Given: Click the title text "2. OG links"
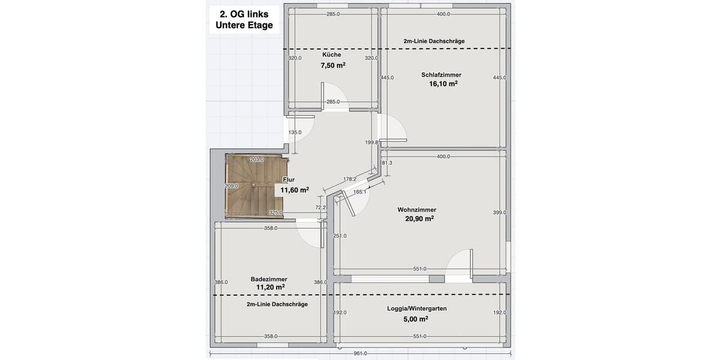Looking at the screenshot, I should pyautogui.click(x=244, y=14).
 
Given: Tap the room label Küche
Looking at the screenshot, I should pyautogui.click(x=331, y=55).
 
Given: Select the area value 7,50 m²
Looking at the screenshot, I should pyautogui.click(x=332, y=65).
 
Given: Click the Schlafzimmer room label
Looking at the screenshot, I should pyautogui.click(x=441, y=75).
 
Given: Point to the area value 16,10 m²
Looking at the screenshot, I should pyautogui.click(x=443, y=85).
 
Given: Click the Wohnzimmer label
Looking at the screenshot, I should pyautogui.click(x=416, y=209).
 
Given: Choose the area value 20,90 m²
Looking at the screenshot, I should pyautogui.click(x=419, y=219).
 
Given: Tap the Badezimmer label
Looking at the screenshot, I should pyautogui.click(x=269, y=279).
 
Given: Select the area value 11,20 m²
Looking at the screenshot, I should pyautogui.click(x=270, y=287).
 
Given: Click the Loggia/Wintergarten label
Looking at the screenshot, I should pyautogui.click(x=416, y=308).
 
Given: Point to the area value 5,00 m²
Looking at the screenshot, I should pyautogui.click(x=416, y=319).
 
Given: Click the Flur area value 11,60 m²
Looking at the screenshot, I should pyautogui.click(x=295, y=190).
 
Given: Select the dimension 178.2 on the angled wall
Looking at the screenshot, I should pyautogui.click(x=350, y=179).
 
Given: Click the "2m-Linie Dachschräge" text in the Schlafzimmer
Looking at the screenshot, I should pyautogui.click(x=434, y=41).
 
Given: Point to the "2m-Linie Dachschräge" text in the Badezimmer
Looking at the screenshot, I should pyautogui.click(x=277, y=304).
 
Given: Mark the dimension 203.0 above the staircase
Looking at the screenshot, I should pyautogui.click(x=257, y=160).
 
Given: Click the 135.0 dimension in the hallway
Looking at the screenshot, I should pyautogui.click(x=295, y=132).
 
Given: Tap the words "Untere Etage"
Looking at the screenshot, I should pyautogui.click(x=244, y=25).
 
